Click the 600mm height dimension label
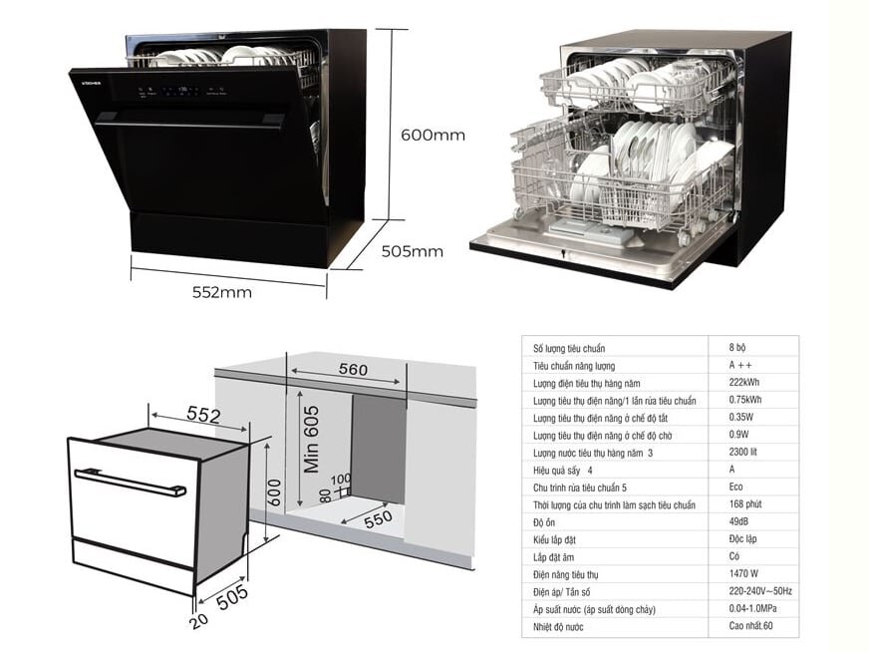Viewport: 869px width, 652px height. point(433,135)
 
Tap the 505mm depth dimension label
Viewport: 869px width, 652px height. point(412,251)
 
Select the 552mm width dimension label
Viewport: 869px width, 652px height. point(221,292)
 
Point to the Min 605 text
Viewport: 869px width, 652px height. point(311,439)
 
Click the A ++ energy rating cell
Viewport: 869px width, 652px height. point(738,365)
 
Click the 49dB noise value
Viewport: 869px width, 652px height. point(740,521)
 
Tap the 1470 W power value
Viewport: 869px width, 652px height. point(744,573)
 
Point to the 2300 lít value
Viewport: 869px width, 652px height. point(744,452)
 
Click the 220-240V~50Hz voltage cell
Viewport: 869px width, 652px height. point(759,591)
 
